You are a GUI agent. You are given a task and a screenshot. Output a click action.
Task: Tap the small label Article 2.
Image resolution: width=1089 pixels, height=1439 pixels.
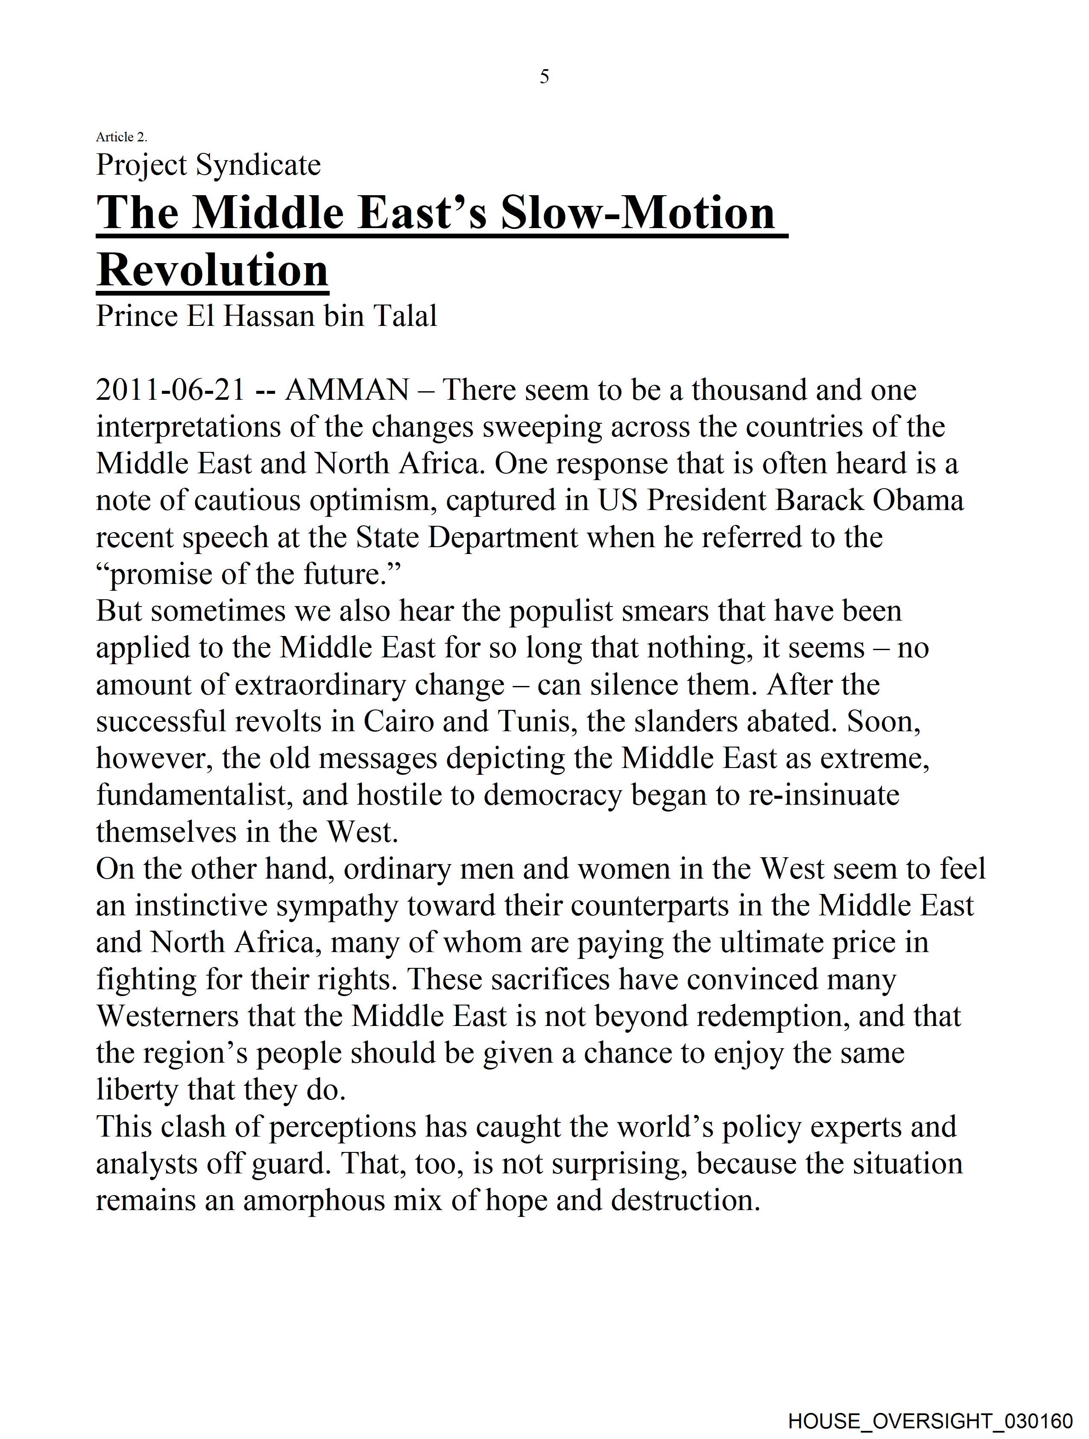[x=122, y=137]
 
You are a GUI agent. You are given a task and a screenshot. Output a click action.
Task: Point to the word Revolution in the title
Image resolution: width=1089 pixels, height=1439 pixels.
[x=212, y=270]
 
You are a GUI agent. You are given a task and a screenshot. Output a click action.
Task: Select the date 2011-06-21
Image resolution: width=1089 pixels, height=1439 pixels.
[x=170, y=390]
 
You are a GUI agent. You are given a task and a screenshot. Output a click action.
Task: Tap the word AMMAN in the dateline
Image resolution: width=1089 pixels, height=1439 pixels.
[x=347, y=390]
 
